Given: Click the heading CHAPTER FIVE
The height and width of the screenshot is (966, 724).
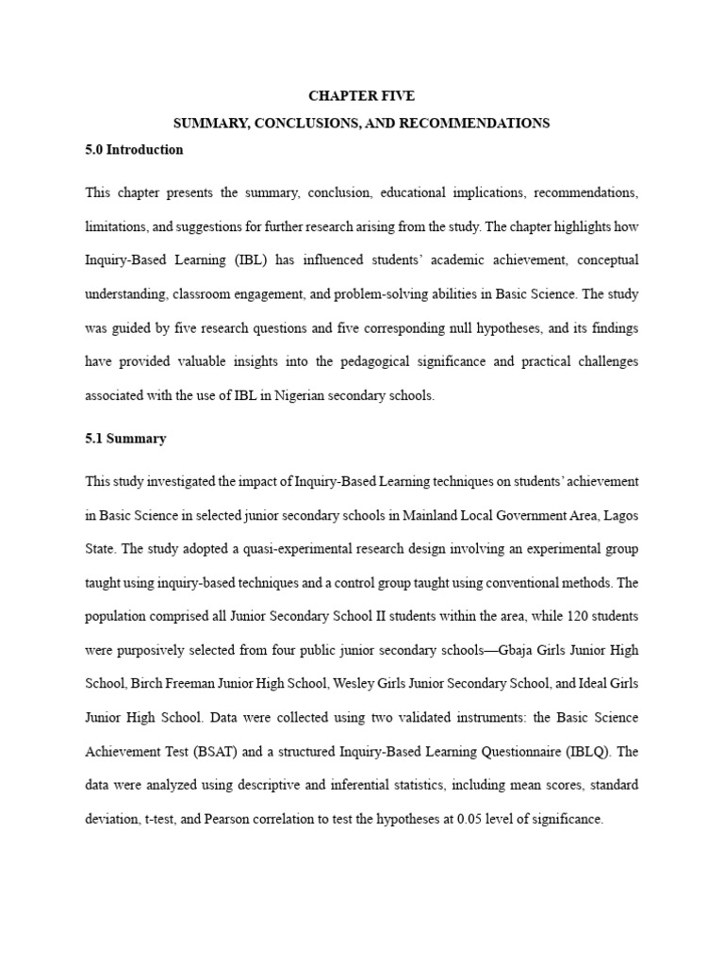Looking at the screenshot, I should (362, 95).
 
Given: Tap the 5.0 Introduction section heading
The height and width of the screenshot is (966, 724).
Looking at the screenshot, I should (134, 150).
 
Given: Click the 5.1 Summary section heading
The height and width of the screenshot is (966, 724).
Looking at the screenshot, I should (125, 439).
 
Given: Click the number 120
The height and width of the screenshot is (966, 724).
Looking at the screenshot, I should (550, 616).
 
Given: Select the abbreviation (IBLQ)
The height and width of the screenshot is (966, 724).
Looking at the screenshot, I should (584, 752).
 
